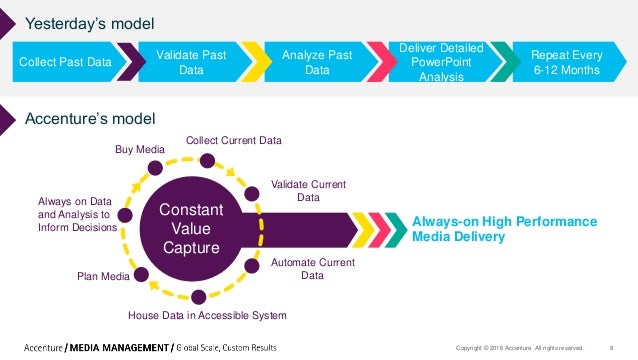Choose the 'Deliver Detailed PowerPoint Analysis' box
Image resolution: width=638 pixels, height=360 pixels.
pyautogui.click(x=440, y=62)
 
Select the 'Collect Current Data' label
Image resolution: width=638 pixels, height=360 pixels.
pyautogui.click(x=234, y=140)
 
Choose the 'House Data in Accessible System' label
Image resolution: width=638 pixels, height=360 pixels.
pyautogui.click(x=207, y=315)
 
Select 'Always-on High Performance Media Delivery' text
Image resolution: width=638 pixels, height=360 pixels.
pyautogui.click(x=505, y=229)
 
